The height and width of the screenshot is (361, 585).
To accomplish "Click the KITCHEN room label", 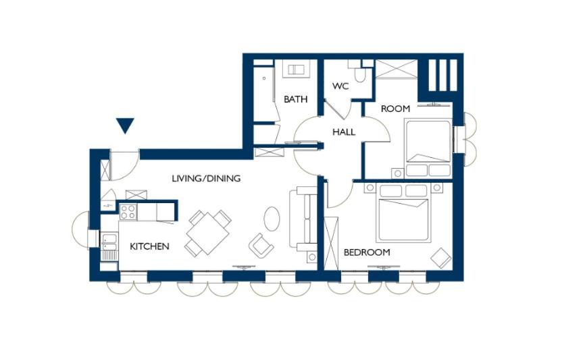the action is [x=149, y=246].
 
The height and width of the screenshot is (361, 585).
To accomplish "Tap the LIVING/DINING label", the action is [x=206, y=178].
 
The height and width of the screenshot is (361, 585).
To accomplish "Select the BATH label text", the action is [x=295, y=99].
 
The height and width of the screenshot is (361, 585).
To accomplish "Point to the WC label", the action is [x=340, y=86].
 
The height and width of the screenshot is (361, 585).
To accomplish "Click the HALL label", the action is [x=344, y=132].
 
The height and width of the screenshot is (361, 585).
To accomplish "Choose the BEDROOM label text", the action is [x=367, y=252].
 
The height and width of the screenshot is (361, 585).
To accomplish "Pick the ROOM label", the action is [x=395, y=109].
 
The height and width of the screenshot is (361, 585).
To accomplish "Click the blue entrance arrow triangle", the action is [x=125, y=126].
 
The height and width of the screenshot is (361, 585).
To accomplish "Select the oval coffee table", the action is [x=272, y=219].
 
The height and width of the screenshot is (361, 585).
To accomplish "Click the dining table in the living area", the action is [x=207, y=233].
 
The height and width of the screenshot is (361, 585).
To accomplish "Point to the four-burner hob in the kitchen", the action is [x=128, y=213].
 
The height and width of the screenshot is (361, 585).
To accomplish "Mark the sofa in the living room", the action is [x=303, y=219].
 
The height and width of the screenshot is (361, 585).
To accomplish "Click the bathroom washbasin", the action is [x=296, y=69].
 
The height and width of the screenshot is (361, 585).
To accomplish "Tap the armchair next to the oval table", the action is [x=261, y=246].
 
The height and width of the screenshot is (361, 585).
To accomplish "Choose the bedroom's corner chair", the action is [x=441, y=258].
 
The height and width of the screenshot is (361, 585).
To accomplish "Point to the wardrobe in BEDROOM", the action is [x=331, y=244].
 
